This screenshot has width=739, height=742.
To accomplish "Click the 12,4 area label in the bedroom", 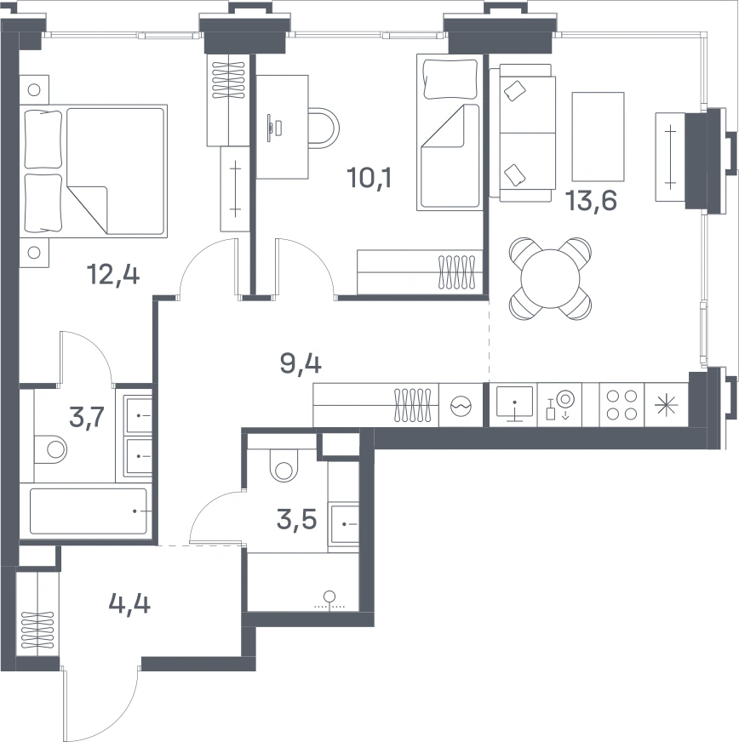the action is (x=113, y=275).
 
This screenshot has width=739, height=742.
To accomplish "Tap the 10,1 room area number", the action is (x=369, y=178).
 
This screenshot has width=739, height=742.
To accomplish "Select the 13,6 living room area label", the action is (x=592, y=201).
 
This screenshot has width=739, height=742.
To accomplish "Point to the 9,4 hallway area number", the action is (x=301, y=364).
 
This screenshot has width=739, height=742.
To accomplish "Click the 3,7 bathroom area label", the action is (x=86, y=417).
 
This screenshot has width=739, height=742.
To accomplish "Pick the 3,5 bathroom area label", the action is (x=296, y=520).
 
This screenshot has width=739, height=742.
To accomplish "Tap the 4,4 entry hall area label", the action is (x=129, y=603).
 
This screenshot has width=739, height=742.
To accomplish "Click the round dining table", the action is (x=550, y=278).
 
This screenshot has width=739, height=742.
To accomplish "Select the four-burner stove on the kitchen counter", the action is (x=622, y=405).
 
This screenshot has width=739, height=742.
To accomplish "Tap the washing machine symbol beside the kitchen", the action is (x=461, y=406).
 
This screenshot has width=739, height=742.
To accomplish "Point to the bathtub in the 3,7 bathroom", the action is (x=89, y=511).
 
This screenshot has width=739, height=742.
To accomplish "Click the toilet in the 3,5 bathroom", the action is (x=284, y=465).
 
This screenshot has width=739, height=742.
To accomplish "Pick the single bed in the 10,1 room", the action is (x=450, y=132).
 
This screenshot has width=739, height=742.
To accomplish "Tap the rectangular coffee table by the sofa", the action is (x=598, y=137).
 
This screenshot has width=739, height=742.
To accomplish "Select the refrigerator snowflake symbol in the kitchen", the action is (x=666, y=406).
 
